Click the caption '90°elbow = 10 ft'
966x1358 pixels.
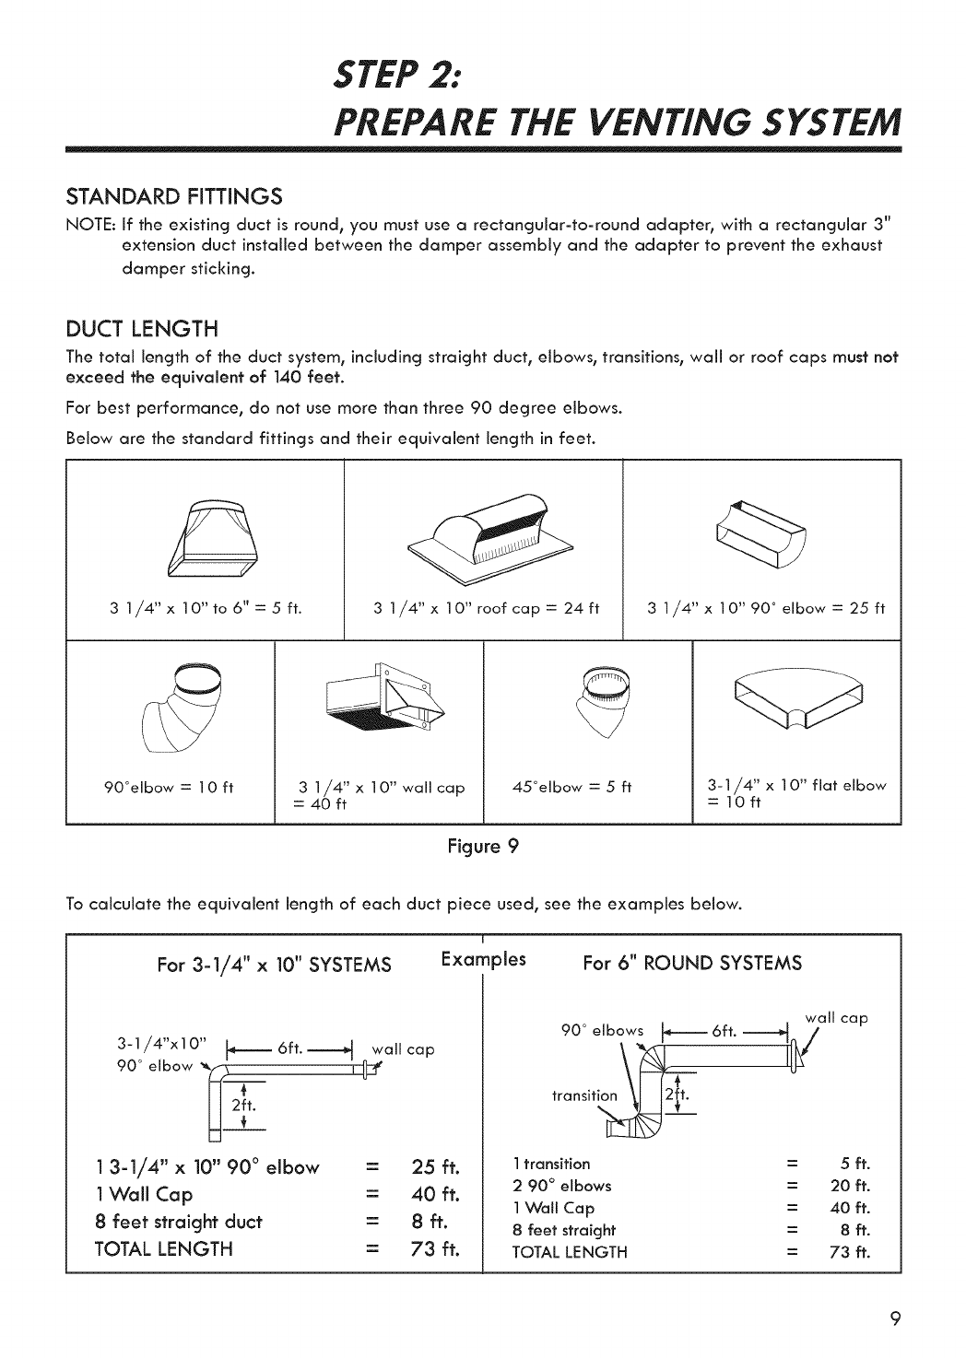pos(171,787)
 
